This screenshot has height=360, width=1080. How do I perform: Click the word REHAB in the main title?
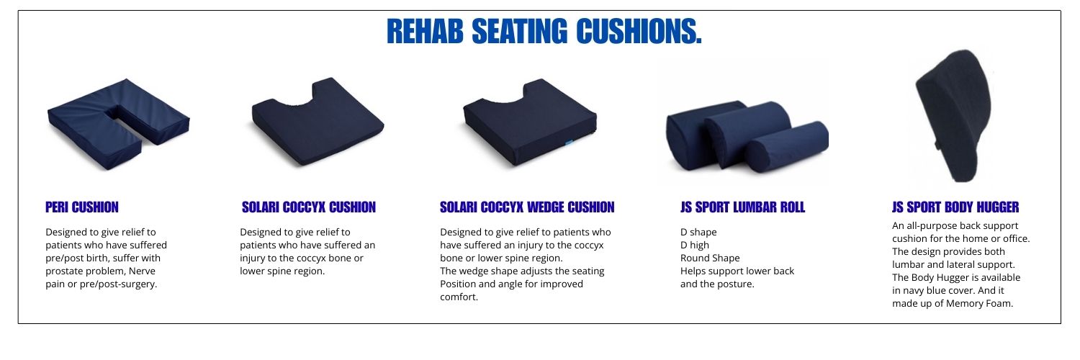click(x=425, y=32)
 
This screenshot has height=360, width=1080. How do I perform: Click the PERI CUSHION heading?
click(x=82, y=207)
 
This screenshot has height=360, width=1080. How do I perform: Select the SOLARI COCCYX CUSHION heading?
click(x=309, y=207)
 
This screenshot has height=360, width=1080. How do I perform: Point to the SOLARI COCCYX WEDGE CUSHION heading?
click(x=527, y=207)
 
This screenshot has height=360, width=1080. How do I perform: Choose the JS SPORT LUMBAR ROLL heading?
click(x=742, y=207)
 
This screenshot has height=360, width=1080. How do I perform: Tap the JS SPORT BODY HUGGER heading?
click(x=955, y=207)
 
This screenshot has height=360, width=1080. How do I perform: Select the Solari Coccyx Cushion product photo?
click(x=318, y=122)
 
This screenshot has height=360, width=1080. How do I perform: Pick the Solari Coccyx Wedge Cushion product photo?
click(x=529, y=122)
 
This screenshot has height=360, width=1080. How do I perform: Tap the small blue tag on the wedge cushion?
click(x=569, y=143)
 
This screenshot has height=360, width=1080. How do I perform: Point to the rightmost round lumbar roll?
click(x=787, y=146)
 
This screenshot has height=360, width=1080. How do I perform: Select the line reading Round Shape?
click(x=710, y=258)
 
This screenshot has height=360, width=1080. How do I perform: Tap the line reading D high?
click(x=695, y=246)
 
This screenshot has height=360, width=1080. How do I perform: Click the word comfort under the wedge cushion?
click(x=457, y=297)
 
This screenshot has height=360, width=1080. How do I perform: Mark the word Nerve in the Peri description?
click(x=142, y=271)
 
